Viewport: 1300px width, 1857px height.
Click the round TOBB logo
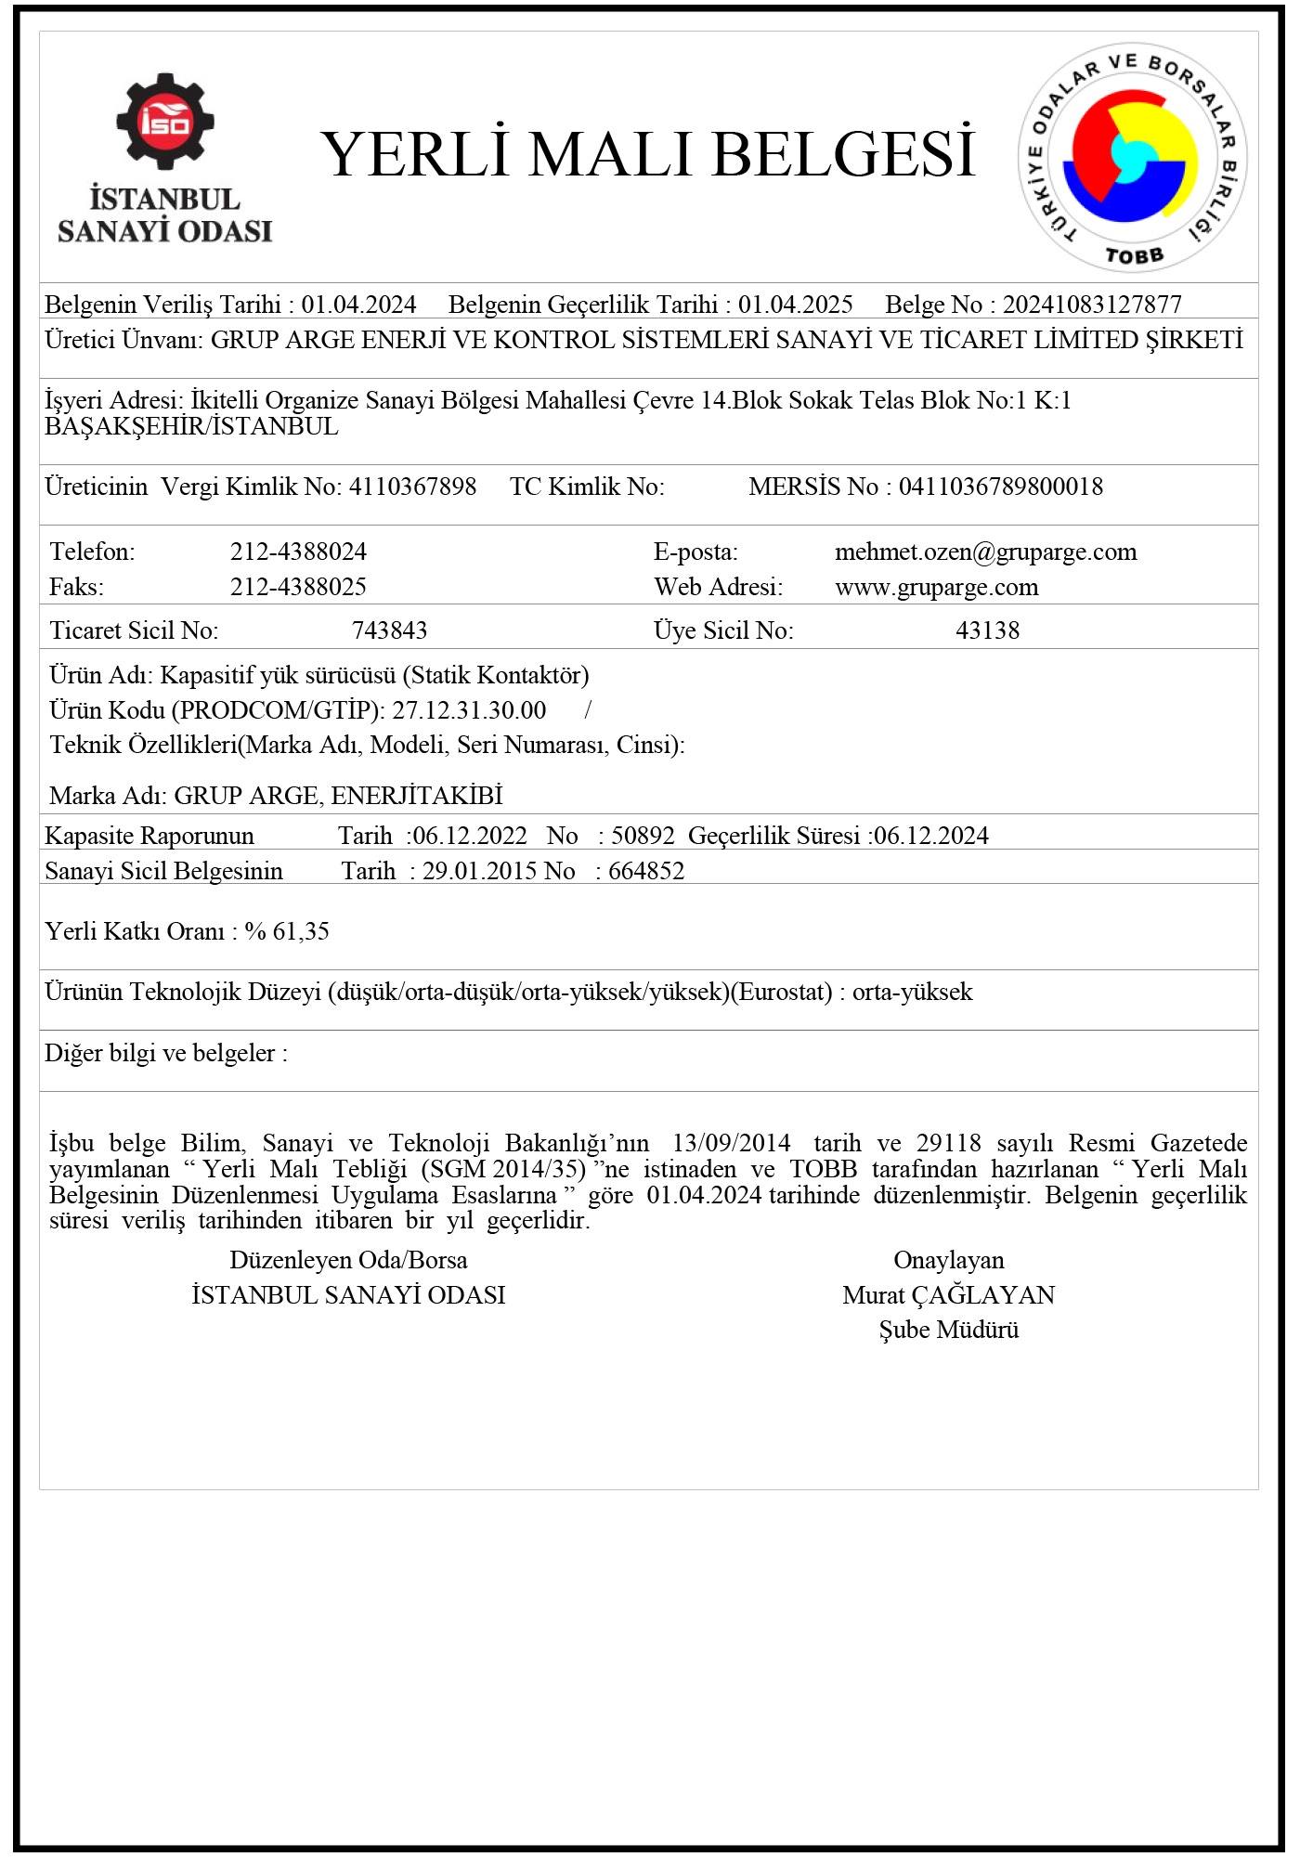tap(1132, 158)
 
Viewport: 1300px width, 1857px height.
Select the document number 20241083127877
tap(1092, 305)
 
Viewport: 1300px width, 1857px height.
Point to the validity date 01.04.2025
tap(795, 305)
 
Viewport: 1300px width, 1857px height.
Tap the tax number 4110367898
tap(412, 487)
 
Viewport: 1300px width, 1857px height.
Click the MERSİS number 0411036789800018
tap(1000, 487)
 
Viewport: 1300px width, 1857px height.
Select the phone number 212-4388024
tap(298, 552)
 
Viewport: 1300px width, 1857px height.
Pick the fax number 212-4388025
tap(298, 587)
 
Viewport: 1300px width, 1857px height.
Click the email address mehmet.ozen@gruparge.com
tap(985, 552)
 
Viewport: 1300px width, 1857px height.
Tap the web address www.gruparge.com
tap(936, 587)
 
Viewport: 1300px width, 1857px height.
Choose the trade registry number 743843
tap(389, 630)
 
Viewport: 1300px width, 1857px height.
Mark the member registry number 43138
tap(987, 630)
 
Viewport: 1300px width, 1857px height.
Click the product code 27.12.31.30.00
tap(469, 710)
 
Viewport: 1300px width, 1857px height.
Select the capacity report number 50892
tap(643, 836)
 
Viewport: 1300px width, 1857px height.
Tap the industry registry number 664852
tap(646, 871)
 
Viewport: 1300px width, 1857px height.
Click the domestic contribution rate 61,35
tap(301, 931)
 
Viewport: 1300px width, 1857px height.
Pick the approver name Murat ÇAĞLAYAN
tap(948, 1295)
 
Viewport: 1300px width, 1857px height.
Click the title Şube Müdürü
tap(948, 1330)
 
